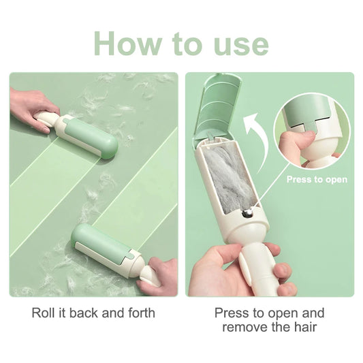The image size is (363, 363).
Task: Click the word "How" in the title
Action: (x=129, y=43)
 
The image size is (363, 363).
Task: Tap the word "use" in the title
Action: (x=241, y=46)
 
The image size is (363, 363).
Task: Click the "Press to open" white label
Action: (x=317, y=179)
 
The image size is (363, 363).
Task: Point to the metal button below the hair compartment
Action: (x=248, y=212)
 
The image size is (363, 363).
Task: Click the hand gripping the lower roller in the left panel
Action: (x=160, y=276)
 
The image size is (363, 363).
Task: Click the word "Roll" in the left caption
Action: (x=44, y=313)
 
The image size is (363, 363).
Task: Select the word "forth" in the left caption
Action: (x=142, y=313)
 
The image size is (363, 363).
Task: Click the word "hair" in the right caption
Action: (x=306, y=327)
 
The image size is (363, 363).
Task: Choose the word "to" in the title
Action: (x=188, y=44)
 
